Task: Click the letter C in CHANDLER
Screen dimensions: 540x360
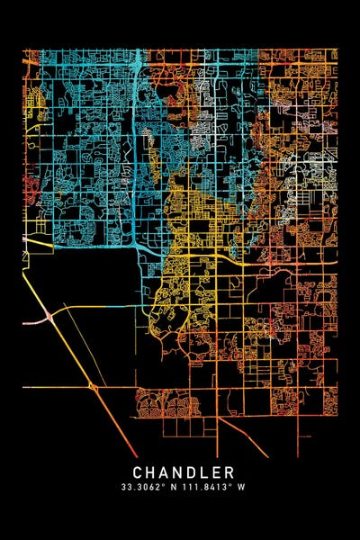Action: (x=139, y=472)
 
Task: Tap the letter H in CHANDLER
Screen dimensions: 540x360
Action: (x=152, y=472)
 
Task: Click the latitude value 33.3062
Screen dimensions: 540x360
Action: (x=146, y=488)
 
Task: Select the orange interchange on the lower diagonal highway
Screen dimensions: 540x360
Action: (x=94, y=387)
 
